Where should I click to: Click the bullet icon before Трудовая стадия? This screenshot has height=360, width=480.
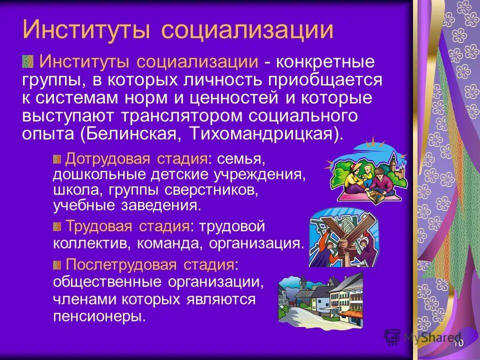click(57, 226)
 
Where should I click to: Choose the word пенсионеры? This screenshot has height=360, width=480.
click(99, 316)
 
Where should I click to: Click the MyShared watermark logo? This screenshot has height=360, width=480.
click(422, 337)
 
